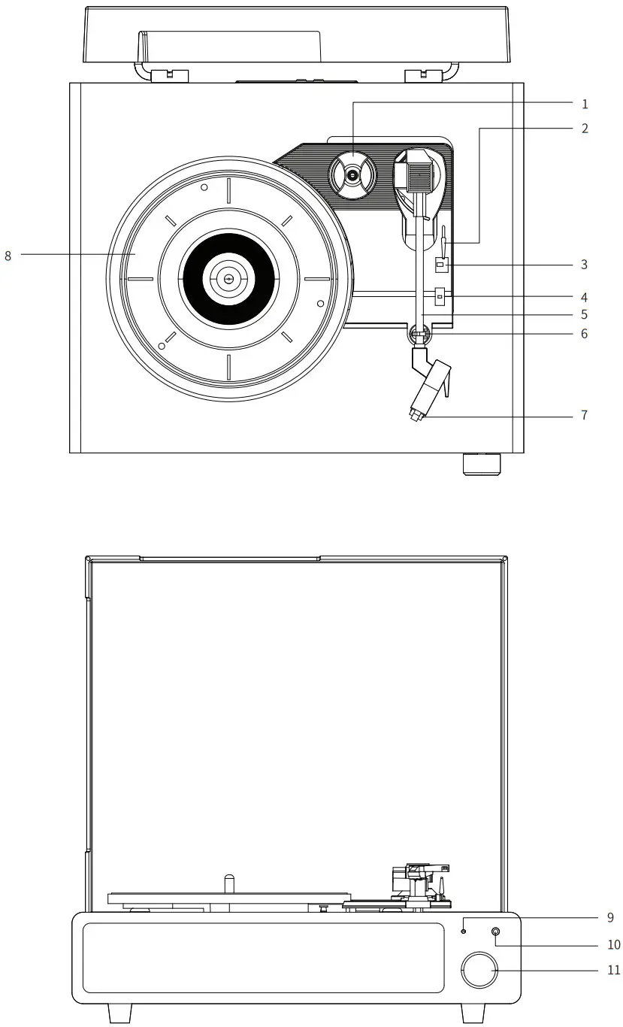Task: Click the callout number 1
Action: [x=585, y=104]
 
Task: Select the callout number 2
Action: [x=585, y=129]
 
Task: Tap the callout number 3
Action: [x=585, y=265]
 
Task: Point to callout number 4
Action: [x=585, y=298]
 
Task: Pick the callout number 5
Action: [x=585, y=315]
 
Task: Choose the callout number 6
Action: [x=585, y=334]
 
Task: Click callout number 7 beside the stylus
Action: [x=585, y=415]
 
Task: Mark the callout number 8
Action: [x=8, y=256]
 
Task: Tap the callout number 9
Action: [x=610, y=917]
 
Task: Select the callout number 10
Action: [x=613, y=944]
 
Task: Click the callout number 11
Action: [x=613, y=970]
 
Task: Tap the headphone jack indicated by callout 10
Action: [x=495, y=932]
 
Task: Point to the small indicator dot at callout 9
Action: [x=464, y=931]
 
